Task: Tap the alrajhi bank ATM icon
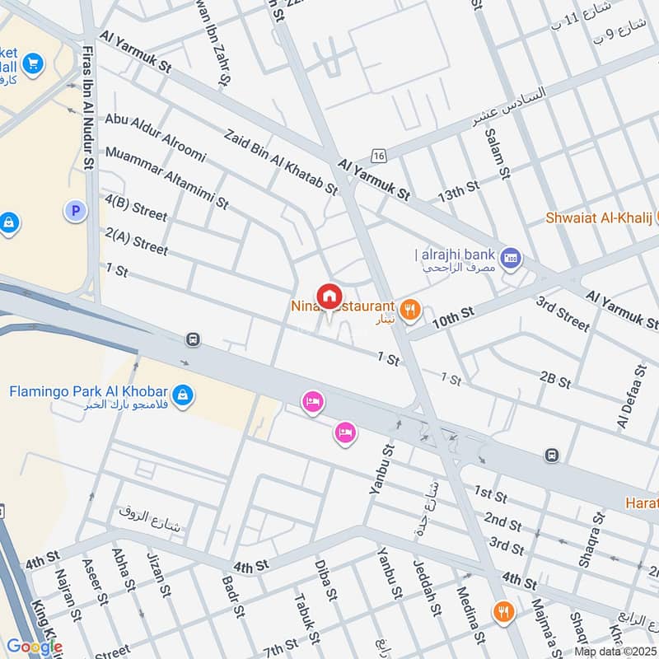511,257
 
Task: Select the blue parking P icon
75,212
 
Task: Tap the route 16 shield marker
378,155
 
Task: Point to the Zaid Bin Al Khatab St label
281,161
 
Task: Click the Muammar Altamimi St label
167,176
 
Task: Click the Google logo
35,647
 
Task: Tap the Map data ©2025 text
615,652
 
